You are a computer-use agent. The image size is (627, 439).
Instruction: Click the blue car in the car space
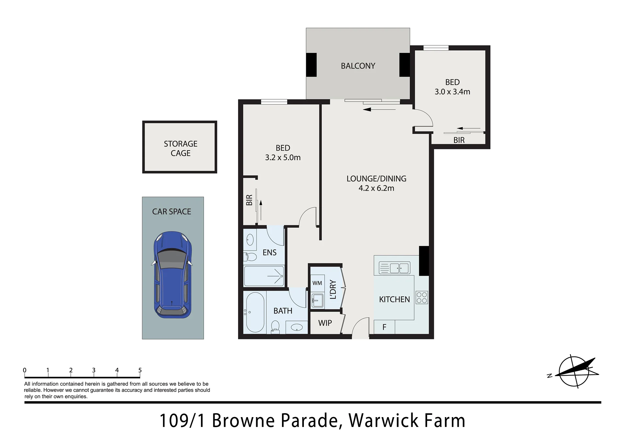pos(172,275)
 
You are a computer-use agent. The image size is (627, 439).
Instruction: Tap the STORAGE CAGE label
pos(181,149)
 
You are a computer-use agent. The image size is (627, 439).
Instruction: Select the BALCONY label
pos(358,66)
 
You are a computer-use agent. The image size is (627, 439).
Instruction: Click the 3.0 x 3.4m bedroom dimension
pos(452,92)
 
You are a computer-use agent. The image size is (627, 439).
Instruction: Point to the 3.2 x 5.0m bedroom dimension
pos(283,157)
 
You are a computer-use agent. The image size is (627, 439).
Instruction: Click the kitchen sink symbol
pos(394,268)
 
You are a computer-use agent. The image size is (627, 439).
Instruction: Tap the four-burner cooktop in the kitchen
pos(422,298)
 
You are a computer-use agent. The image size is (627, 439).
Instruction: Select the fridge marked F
pos(384,327)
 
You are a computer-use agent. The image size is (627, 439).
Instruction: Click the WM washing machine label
pos(317,283)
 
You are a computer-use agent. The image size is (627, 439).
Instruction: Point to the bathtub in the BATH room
pos(255,312)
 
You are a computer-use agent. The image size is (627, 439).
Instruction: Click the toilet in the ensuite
pos(250,257)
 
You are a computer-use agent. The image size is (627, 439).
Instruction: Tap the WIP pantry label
pos(325,323)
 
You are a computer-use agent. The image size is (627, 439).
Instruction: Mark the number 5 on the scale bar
pos(140,370)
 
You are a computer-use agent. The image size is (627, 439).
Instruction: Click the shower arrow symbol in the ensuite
pos(275,276)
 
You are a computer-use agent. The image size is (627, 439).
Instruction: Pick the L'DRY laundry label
pos(333,289)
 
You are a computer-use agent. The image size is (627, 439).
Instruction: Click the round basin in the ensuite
pos(250,240)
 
